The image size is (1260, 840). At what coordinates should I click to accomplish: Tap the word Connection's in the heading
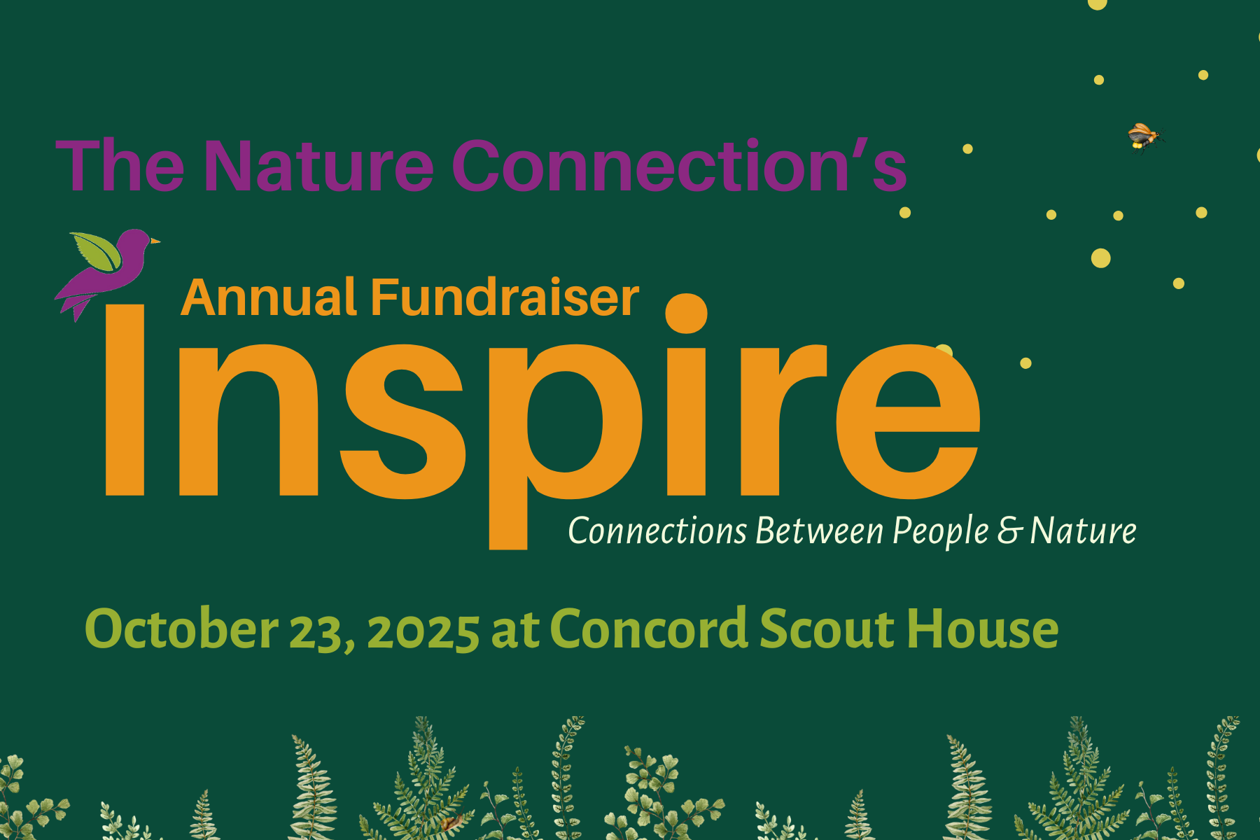(x=679, y=166)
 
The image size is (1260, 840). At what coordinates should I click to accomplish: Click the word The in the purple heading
(x=119, y=166)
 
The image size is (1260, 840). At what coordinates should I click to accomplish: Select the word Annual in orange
(x=269, y=297)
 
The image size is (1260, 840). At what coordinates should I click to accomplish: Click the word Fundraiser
(x=504, y=297)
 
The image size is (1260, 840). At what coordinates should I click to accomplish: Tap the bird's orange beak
(x=155, y=241)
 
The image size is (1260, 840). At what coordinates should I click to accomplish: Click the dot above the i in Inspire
(x=686, y=314)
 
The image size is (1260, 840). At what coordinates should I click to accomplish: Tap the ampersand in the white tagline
(x=1010, y=531)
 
